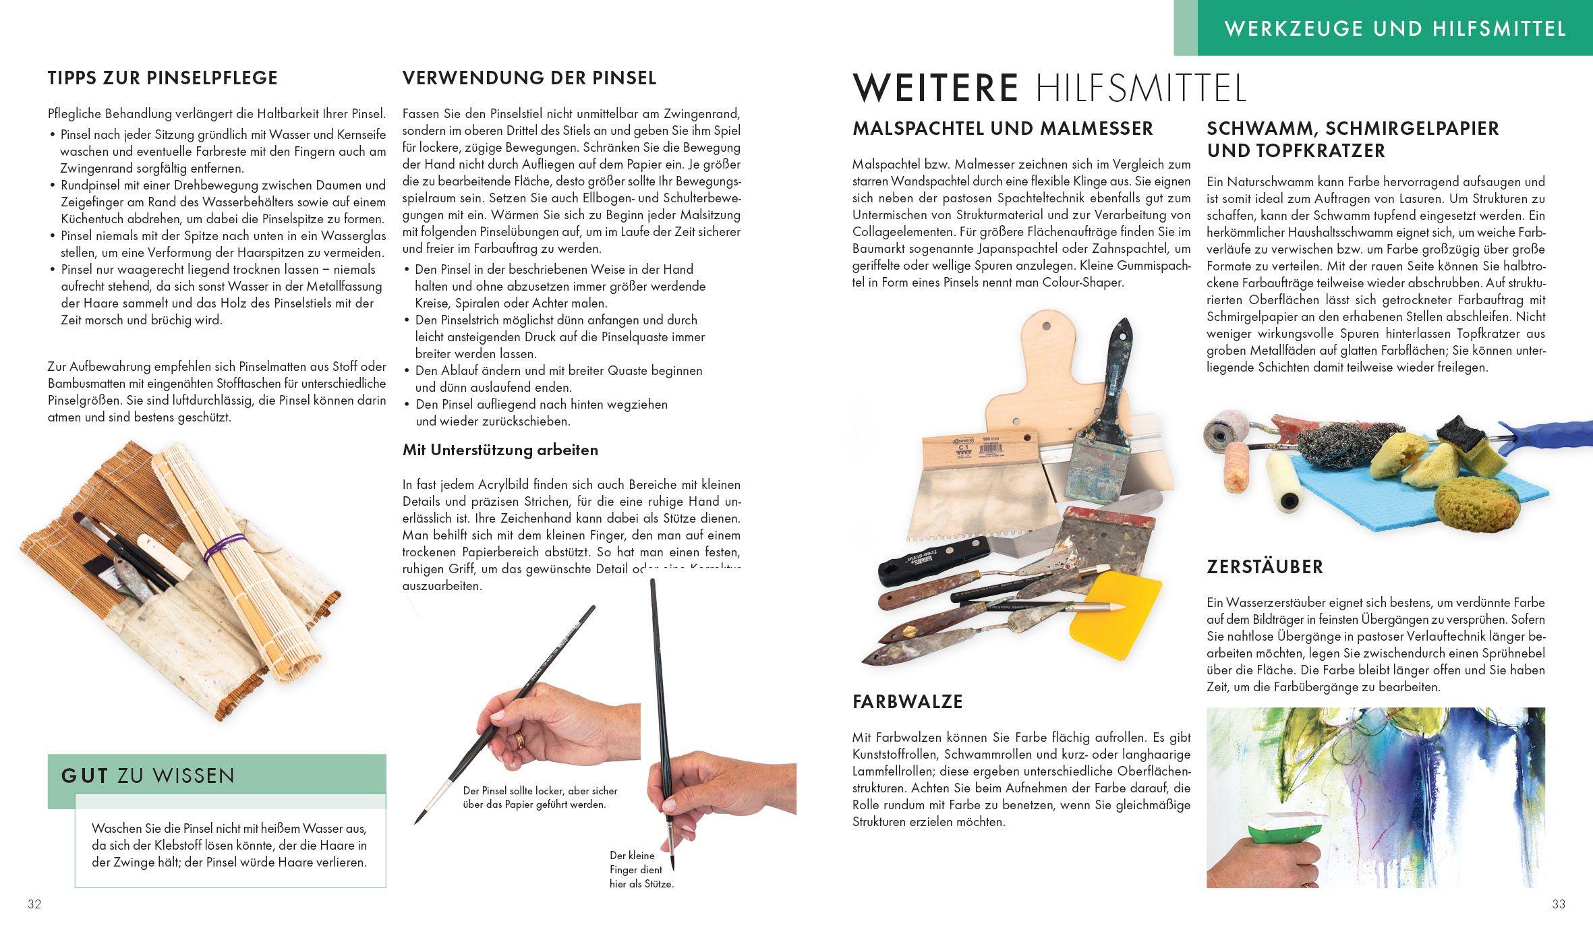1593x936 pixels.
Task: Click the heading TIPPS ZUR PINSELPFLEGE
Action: pyautogui.click(x=163, y=78)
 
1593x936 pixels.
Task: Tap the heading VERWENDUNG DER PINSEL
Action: pyautogui.click(x=529, y=78)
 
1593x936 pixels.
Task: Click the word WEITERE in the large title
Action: pyautogui.click(x=935, y=88)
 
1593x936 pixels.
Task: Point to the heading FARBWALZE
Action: pyautogui.click(x=907, y=702)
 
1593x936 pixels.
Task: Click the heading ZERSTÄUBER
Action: pyautogui.click(x=1265, y=567)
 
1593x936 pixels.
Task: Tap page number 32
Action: pyautogui.click(x=34, y=904)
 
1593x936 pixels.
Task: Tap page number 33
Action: pyautogui.click(x=1559, y=904)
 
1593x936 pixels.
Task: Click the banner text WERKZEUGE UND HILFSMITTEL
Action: pyautogui.click(x=1395, y=29)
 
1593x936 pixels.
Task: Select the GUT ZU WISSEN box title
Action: pyautogui.click(x=148, y=776)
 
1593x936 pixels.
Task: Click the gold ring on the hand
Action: pyautogui.click(x=520, y=740)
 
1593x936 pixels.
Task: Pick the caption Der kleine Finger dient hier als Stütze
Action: pyautogui.click(x=641, y=869)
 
